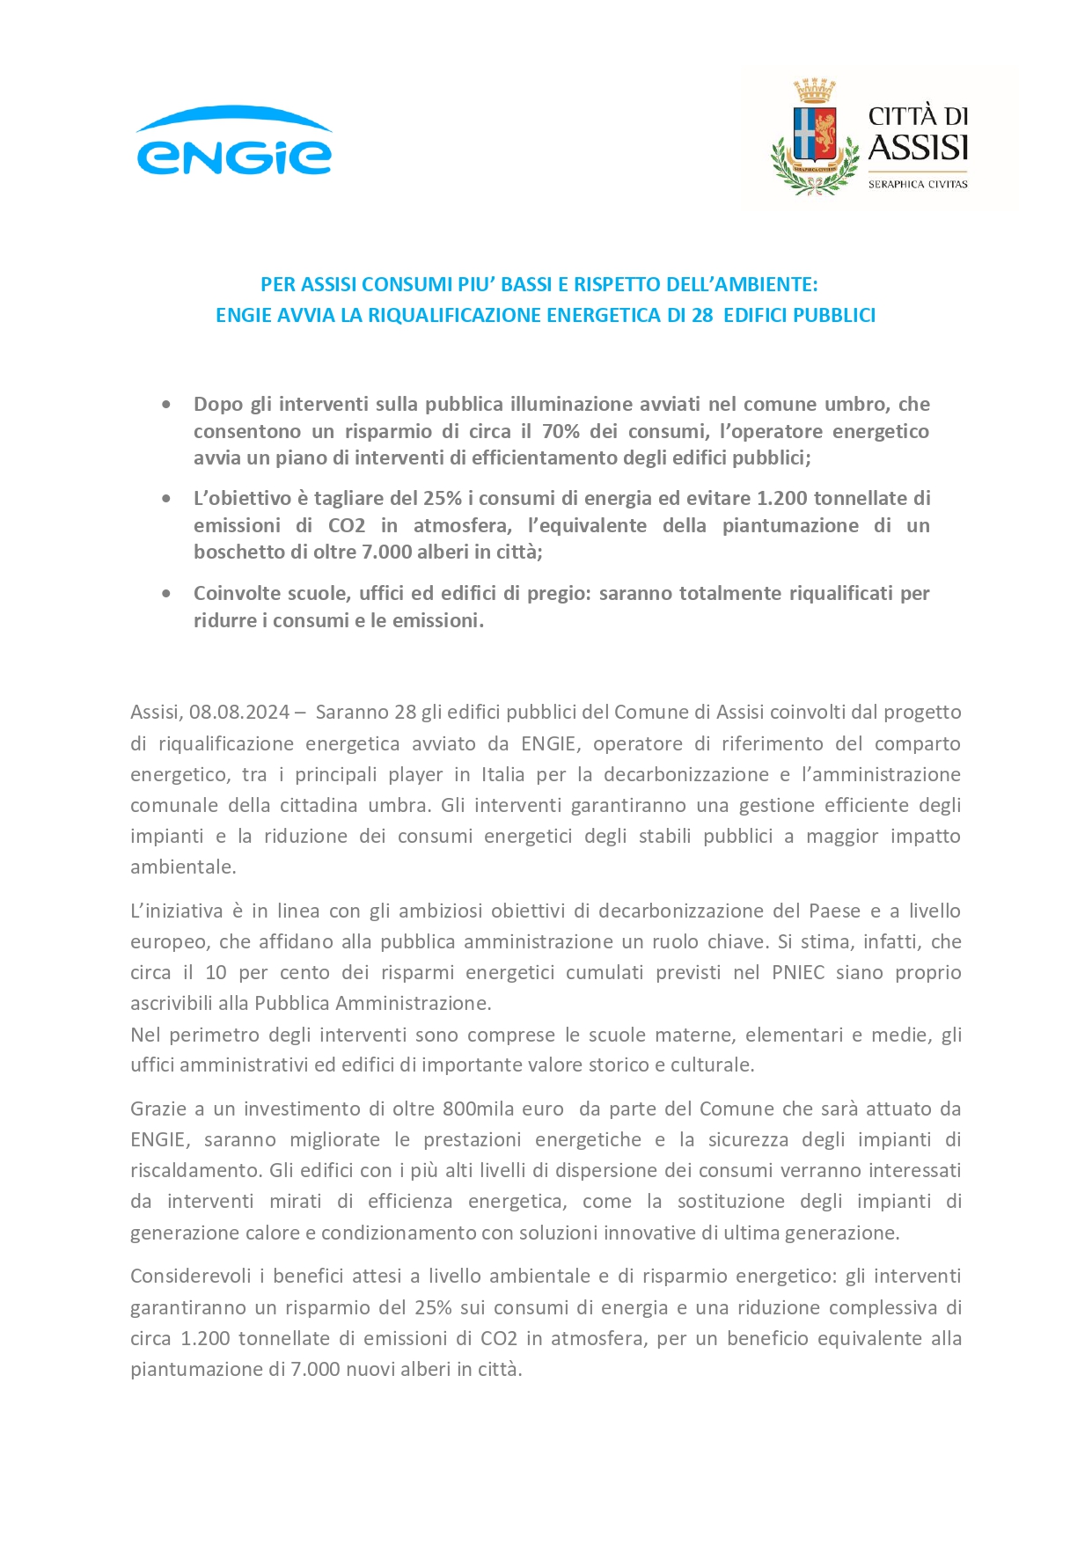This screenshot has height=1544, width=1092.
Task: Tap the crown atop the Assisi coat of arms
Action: pos(814,91)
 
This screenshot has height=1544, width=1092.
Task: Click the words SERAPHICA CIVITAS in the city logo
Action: pos(917,184)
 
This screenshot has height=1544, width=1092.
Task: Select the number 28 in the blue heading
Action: pos(701,315)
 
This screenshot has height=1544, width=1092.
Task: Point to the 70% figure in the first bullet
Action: pos(561,431)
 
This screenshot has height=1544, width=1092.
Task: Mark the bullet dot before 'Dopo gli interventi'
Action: pos(166,405)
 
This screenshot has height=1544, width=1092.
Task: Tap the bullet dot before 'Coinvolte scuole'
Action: pos(166,594)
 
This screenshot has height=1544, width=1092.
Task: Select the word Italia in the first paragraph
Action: pos(502,774)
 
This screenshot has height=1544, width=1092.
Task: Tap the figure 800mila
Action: pos(508,1109)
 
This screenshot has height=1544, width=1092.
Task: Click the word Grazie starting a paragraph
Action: pos(158,1109)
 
